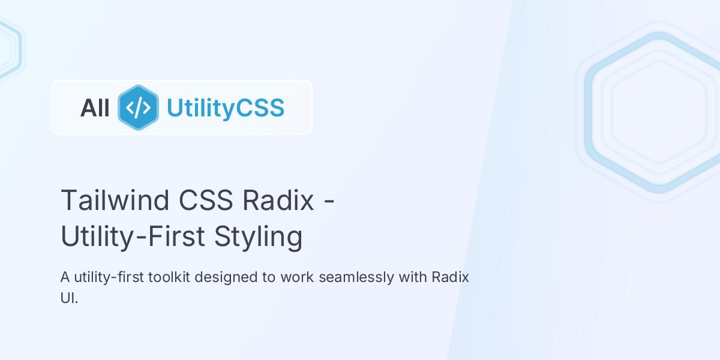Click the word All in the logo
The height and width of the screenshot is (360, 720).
[x=95, y=108]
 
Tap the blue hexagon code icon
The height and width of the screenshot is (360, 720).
[x=138, y=107]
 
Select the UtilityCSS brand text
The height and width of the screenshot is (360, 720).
[x=225, y=108]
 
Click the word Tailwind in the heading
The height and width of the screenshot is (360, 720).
[x=115, y=200]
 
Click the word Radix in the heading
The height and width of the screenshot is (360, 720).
[x=278, y=200]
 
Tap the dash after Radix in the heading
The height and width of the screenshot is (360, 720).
[x=329, y=201]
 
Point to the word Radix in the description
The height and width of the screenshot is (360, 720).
[x=450, y=278]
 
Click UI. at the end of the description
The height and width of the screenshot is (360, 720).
[x=69, y=298]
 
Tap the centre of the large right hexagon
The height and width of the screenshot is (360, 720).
[x=659, y=112]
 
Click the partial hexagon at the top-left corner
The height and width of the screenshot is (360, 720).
[x=7, y=48]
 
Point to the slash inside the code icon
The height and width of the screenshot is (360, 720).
[x=139, y=108]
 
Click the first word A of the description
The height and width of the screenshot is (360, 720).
[x=65, y=278]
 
